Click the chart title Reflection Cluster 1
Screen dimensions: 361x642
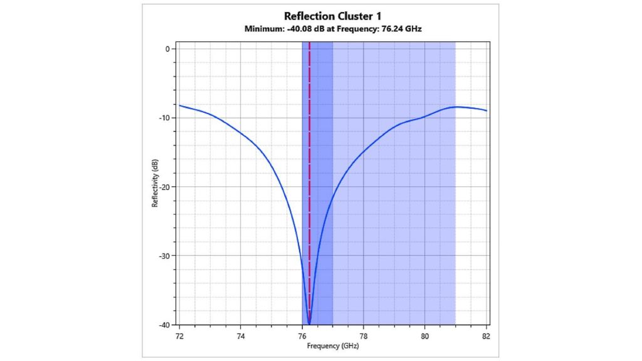tap(332, 16)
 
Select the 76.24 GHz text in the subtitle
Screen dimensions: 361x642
tap(400, 29)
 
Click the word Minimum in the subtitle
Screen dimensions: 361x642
tap(261, 29)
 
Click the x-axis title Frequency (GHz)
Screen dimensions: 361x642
tap(332, 346)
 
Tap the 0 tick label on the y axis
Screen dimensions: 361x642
tap(168, 49)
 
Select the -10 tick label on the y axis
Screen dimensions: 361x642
tap(165, 118)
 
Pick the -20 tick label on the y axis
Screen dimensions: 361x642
tap(165, 187)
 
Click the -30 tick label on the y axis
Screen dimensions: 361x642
tap(165, 256)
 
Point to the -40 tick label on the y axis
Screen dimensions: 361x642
tap(165, 325)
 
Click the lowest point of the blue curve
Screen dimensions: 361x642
tap(309, 324)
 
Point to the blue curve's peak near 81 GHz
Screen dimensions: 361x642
tap(458, 107)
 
